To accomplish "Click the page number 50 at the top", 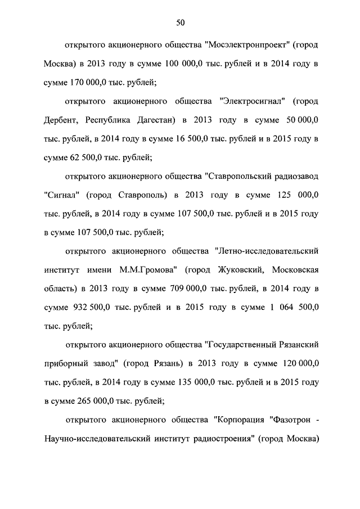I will pos(180,22).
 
